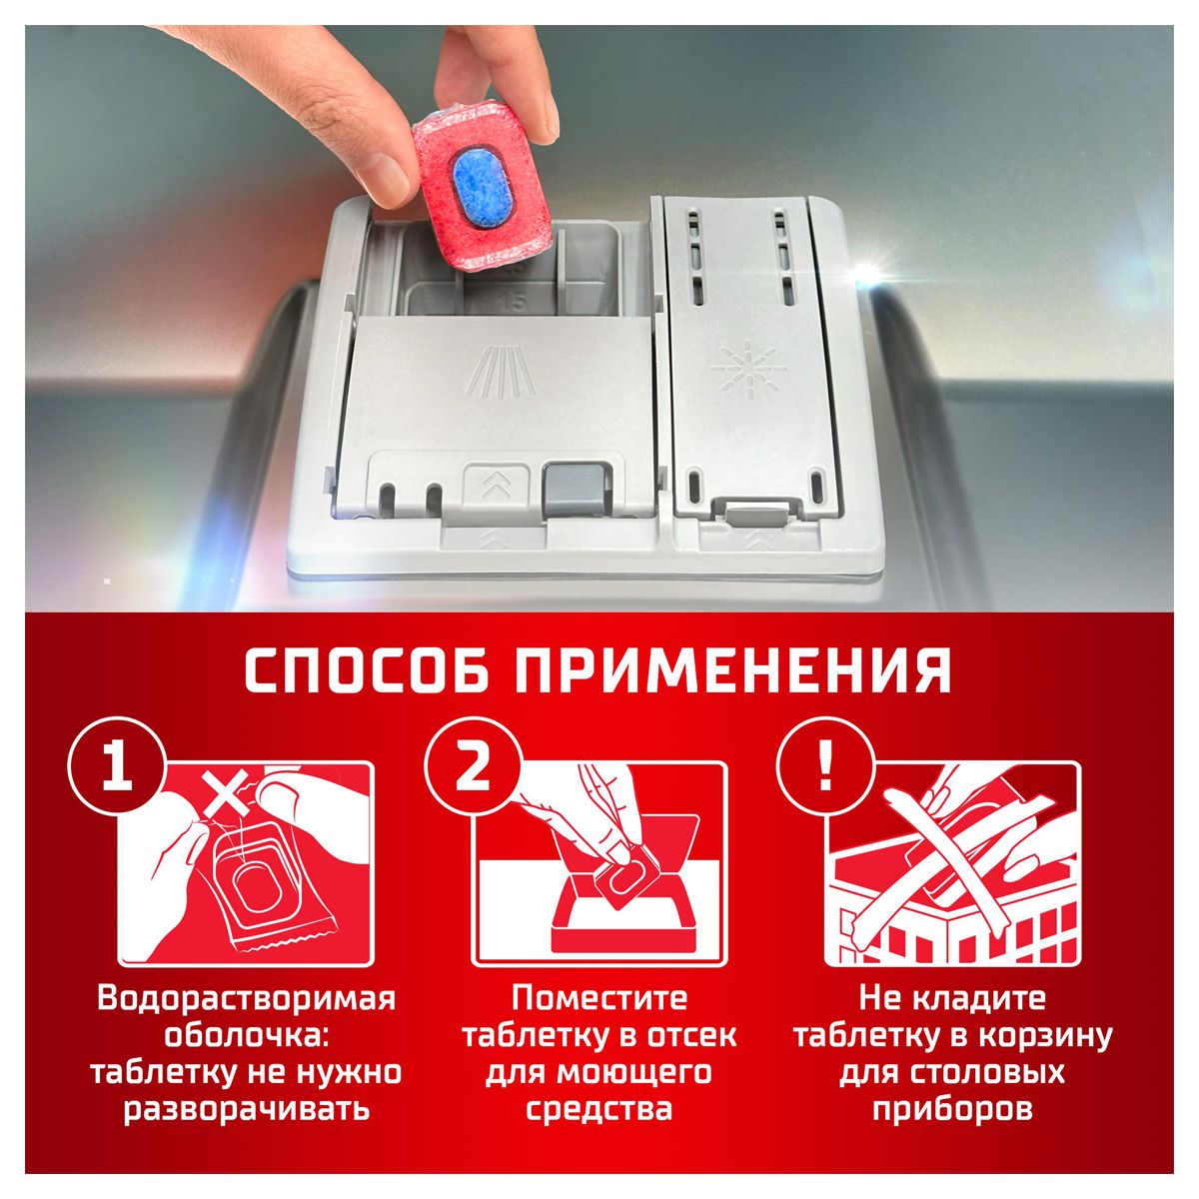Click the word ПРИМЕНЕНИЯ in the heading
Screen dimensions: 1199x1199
pyautogui.click(x=734, y=671)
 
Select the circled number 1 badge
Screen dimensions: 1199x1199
pyautogui.click(x=118, y=766)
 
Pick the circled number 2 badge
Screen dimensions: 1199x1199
pyautogui.click(x=473, y=766)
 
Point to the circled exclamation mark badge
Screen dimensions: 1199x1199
pyautogui.click(x=825, y=766)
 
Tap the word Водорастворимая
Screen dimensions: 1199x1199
pyautogui.click(x=247, y=999)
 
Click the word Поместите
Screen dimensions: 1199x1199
pyautogui.click(x=599, y=999)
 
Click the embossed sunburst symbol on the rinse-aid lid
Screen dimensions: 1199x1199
pyautogui.click(x=744, y=367)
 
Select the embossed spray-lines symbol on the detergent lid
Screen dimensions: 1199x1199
pyautogui.click(x=501, y=374)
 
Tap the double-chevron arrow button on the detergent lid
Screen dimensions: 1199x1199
pyautogui.click(x=497, y=486)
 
